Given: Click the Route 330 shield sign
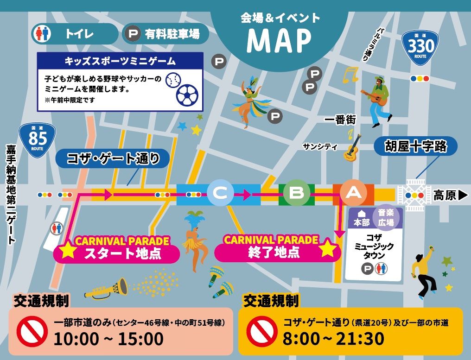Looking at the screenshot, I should click(421, 47).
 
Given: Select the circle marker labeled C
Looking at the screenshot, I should click(220, 194).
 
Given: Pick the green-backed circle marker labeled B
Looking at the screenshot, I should click(296, 194).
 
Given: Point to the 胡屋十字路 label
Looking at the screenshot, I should click(415, 147).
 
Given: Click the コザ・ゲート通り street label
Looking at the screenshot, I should click(113, 159).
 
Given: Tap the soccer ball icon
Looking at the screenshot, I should click(187, 94).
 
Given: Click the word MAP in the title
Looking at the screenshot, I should click(279, 41).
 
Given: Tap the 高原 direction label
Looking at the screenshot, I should click(450, 195).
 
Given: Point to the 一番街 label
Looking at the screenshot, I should click(340, 120).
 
